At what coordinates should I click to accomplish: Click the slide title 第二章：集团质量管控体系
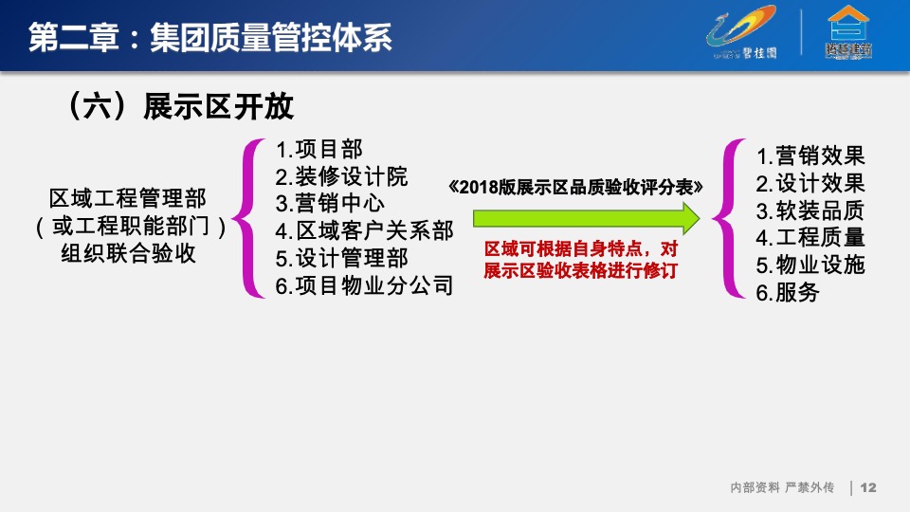pos(209,37)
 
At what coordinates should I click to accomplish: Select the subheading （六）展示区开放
pos(180,106)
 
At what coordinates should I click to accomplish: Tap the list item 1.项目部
pos(318,150)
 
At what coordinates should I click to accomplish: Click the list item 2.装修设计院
pos(341,176)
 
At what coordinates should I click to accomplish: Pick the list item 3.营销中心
pos(330,203)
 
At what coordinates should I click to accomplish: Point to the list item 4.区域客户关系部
pos(364,230)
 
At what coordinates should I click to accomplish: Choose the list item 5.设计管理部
pos(341,258)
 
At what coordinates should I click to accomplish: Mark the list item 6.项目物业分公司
pos(364,284)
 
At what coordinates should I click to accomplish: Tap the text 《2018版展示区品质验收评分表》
pos(579,187)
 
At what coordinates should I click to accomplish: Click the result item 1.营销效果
pos(810,155)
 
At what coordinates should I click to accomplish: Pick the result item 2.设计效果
pos(810,183)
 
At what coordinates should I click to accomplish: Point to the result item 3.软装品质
pos(810,210)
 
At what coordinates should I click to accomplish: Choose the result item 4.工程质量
pos(810,237)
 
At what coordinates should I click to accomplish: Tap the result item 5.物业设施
pos(810,265)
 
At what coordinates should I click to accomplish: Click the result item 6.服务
pos(788,292)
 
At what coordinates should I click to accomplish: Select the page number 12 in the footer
pos(868,487)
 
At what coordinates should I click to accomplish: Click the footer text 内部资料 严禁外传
pos(781,487)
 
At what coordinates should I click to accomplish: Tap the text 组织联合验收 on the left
pos(128,254)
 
